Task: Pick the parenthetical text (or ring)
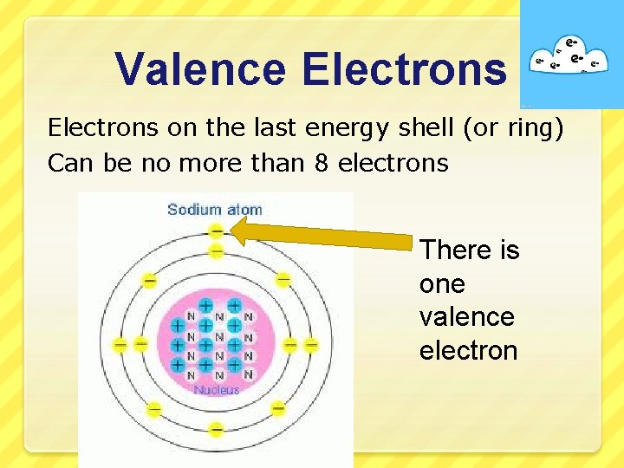coord(514,128)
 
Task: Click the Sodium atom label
coord(214,209)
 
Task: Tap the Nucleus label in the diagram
coord(217,390)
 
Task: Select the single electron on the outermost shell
coord(216,231)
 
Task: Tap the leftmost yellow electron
coord(120,345)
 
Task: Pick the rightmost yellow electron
coord(311,345)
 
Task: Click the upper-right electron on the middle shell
coord(283,279)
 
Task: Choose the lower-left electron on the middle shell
coord(153,408)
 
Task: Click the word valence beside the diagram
coord(466,316)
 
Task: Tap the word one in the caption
coord(442,283)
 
